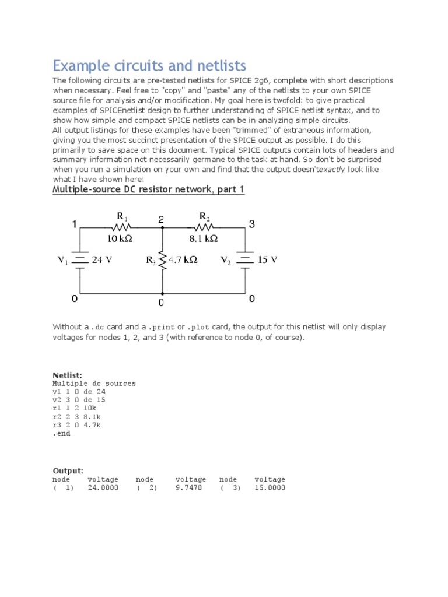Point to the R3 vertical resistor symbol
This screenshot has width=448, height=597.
point(162,260)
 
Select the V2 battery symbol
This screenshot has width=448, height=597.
point(245,260)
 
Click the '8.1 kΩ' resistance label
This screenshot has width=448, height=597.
point(204,238)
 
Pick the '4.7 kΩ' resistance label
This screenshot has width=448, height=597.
point(183,260)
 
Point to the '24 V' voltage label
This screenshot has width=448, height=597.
point(101,260)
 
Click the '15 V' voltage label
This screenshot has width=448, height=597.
point(267,260)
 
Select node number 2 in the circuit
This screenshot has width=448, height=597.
point(161,219)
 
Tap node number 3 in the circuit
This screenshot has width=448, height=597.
point(252,224)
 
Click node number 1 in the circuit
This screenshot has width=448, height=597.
point(74,224)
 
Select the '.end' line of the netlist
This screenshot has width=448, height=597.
point(61,434)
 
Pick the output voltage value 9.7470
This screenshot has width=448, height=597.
point(188,487)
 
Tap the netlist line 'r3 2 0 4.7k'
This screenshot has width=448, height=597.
point(76,426)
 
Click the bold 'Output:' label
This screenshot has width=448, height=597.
point(68,470)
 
